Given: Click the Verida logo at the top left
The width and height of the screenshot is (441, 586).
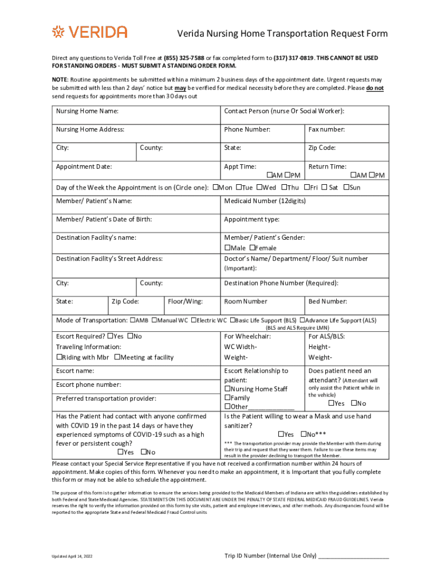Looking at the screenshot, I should coord(89,32).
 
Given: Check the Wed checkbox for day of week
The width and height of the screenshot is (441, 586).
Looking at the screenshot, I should coord(259,187).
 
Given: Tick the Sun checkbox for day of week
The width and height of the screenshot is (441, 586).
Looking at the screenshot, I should coord(346,187).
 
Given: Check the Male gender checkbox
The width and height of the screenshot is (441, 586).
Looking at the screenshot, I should coord(227,248).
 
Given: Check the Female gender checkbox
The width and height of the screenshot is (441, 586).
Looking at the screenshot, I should coord(253,248).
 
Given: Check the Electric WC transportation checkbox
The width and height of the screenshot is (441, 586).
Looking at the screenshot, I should coord(194,320).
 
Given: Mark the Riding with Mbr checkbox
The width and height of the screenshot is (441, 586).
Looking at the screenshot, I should coord(59,357).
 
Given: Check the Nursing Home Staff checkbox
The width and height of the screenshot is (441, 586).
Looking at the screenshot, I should coord(227,389).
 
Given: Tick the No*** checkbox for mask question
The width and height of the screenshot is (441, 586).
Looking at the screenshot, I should coord(304,434).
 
